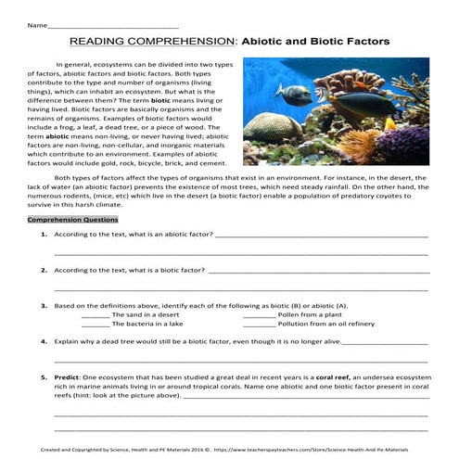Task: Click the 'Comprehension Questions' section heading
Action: click(x=72, y=220)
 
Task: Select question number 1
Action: click(x=45, y=236)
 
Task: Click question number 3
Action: click(x=45, y=305)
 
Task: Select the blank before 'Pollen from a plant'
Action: click(x=259, y=315)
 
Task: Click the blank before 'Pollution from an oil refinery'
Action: click(x=259, y=325)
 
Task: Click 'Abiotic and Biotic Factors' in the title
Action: click(x=316, y=42)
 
